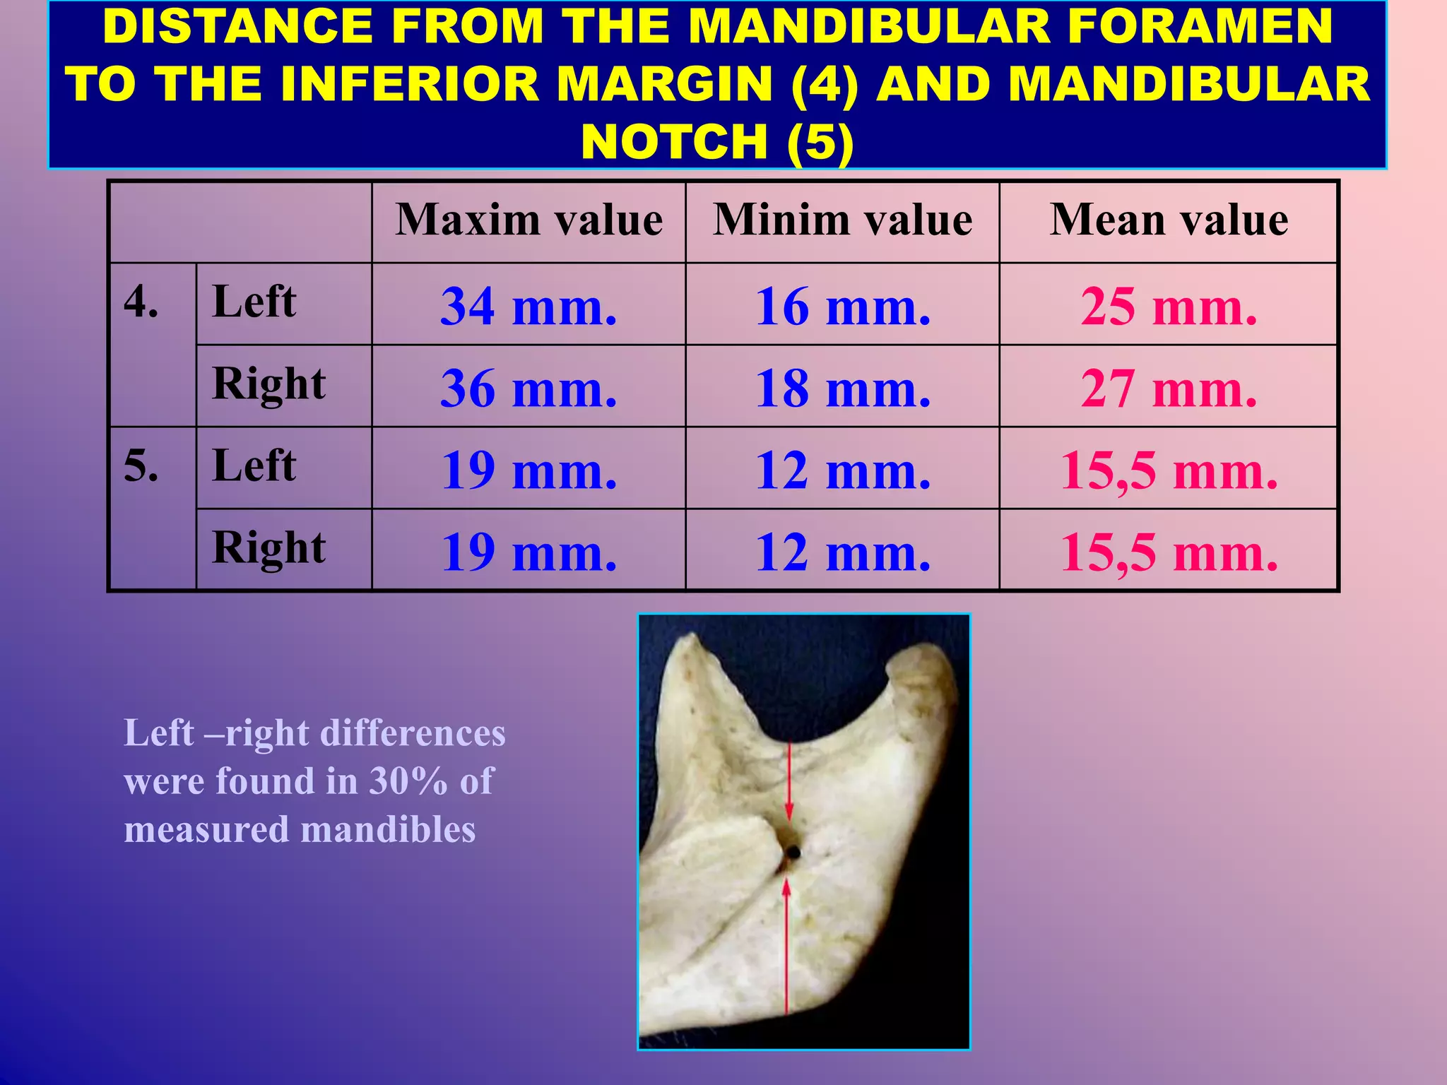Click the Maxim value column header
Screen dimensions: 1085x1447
point(528,220)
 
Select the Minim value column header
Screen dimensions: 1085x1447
point(842,220)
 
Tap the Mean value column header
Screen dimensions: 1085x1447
point(1169,220)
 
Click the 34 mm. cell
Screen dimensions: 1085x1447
point(528,307)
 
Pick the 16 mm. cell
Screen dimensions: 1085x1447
point(842,307)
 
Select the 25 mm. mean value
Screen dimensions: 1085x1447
point(1169,307)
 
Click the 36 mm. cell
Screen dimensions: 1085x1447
point(528,389)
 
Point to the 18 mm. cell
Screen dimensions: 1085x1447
point(842,389)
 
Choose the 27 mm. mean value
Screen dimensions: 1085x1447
point(1169,389)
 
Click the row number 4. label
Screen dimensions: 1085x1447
point(141,302)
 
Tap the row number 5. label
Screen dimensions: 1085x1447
point(141,466)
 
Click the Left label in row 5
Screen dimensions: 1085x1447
point(254,466)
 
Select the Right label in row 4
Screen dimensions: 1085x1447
point(268,385)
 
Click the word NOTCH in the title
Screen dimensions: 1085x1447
point(674,142)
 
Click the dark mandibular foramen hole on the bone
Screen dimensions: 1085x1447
point(793,853)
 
